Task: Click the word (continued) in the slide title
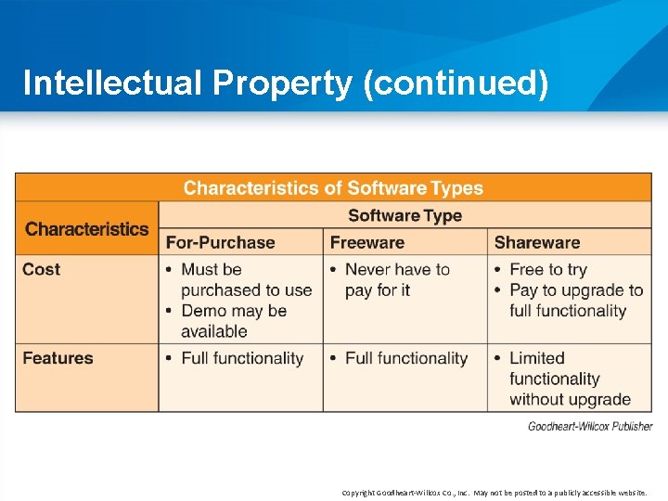[x=456, y=83]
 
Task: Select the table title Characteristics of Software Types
[x=333, y=188]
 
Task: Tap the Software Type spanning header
[x=405, y=216]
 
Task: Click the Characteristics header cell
[x=86, y=228]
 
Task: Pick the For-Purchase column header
[x=220, y=243]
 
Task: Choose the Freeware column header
[x=367, y=243]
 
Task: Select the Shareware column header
[x=537, y=243]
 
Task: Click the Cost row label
[x=42, y=270]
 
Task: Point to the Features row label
[x=58, y=358]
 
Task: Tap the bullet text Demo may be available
[x=234, y=321]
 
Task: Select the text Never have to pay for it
[x=397, y=280]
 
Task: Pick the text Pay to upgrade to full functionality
[x=575, y=301]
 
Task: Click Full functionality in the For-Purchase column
[x=242, y=358]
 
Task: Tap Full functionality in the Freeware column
[x=406, y=358]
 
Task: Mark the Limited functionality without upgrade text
[x=569, y=379]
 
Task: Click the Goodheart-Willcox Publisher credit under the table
[x=590, y=427]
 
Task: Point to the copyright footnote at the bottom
[x=494, y=493]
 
